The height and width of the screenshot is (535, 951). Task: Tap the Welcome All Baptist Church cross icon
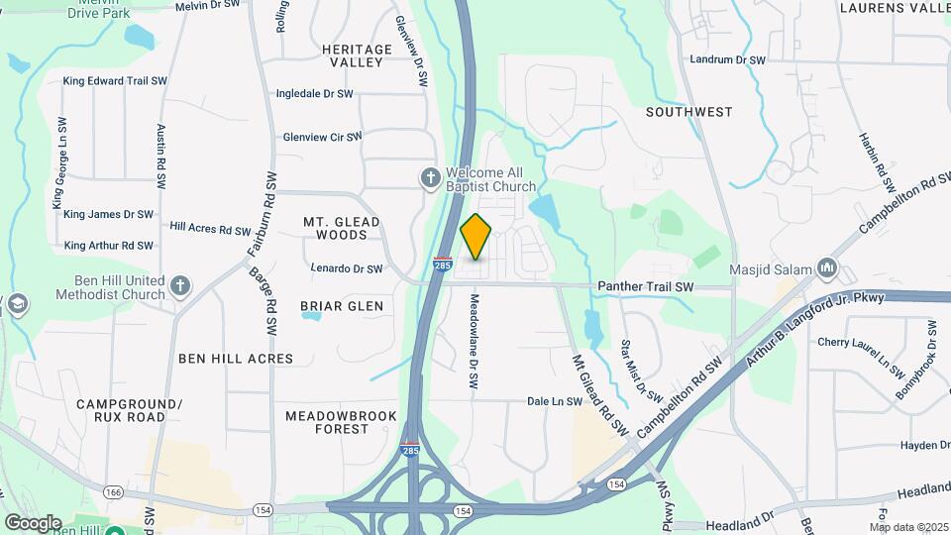click(429, 178)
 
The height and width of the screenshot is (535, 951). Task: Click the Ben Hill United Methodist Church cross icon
click(179, 286)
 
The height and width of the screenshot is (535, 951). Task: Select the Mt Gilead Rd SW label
click(601, 395)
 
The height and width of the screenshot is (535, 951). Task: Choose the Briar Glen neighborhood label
click(342, 306)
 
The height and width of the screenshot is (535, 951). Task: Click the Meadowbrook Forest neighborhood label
click(341, 422)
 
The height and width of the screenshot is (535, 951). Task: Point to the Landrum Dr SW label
click(728, 60)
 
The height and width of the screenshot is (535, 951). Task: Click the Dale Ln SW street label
click(553, 401)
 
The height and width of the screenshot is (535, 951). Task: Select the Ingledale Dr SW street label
click(316, 94)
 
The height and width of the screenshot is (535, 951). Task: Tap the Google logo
click(32, 523)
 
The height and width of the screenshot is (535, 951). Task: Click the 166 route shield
click(114, 491)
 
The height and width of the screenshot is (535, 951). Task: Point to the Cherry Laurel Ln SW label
click(861, 343)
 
